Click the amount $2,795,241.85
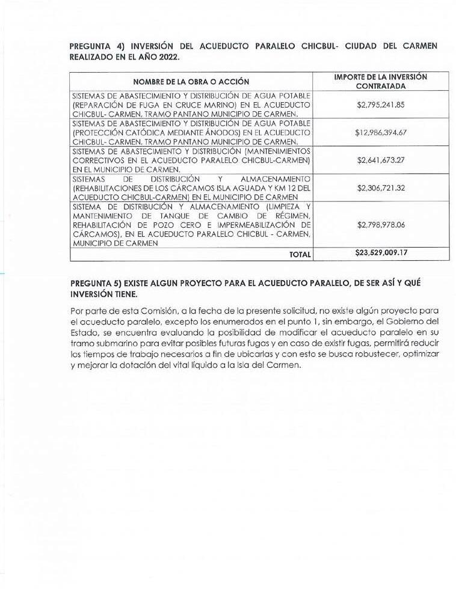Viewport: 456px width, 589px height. click(x=380, y=105)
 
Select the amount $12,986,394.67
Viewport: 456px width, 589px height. click(x=380, y=132)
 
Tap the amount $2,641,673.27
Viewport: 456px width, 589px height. click(x=380, y=160)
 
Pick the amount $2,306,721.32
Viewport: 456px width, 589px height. click(x=380, y=188)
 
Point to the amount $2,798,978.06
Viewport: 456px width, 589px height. click(x=380, y=224)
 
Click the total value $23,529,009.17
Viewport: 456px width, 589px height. click(x=380, y=253)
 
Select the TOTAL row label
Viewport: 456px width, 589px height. click(x=300, y=254)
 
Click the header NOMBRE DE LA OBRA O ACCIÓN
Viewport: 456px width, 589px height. click(x=191, y=82)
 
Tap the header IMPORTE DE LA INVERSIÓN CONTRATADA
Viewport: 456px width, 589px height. click(x=380, y=82)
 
